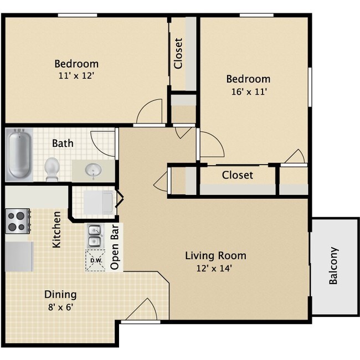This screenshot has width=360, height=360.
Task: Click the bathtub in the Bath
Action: (x=19, y=155)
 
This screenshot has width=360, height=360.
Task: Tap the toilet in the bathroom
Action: (x=52, y=168)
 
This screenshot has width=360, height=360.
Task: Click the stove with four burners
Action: (x=17, y=220)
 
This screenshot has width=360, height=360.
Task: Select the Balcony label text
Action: (x=333, y=265)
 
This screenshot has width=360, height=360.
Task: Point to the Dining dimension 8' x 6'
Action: (x=60, y=307)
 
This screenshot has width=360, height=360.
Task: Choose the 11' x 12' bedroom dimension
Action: (x=76, y=76)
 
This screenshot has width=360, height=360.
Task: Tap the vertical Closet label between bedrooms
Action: (x=178, y=53)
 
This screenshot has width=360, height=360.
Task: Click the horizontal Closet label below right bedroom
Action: (x=237, y=175)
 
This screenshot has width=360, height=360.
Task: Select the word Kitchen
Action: (x=56, y=229)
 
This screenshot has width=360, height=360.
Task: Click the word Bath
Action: (x=63, y=143)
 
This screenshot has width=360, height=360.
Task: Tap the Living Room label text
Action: (x=215, y=256)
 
